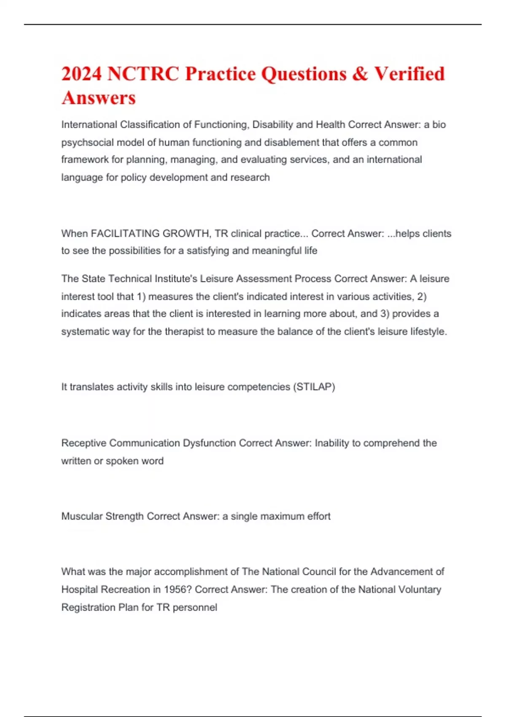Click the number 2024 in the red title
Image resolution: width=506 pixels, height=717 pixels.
(82, 74)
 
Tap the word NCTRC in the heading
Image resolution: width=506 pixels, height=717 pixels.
(143, 74)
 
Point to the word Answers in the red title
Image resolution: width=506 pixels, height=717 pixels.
(99, 98)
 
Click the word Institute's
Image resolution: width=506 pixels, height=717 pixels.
(175, 279)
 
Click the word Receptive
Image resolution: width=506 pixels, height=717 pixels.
(84, 443)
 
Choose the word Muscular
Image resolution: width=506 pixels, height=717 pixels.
(82, 516)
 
